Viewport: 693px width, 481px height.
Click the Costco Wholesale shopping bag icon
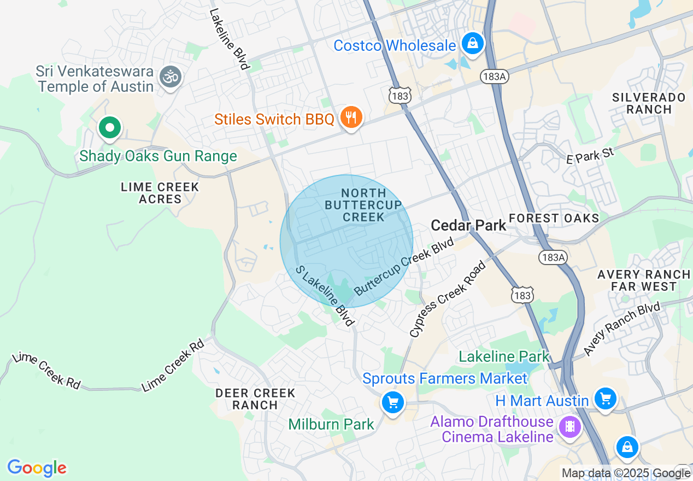pos(473,44)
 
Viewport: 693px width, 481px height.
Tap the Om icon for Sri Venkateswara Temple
pos(171,77)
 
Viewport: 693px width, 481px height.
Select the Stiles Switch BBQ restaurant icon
pos(351,117)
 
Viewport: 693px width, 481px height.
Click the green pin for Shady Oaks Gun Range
pos(110,128)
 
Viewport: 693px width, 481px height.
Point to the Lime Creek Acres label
pos(160,193)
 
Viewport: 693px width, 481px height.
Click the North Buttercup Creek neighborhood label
pos(363,205)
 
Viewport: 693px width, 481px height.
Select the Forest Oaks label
pos(554,218)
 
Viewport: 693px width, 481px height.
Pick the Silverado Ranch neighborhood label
pos(649,103)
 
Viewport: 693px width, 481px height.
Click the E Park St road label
pos(590,155)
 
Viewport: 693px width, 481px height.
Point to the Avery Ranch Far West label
pos(644,280)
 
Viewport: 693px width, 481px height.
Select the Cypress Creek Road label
pos(448,300)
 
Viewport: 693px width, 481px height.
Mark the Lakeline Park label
pos(504,357)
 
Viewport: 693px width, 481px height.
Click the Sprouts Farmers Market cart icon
pos(392,402)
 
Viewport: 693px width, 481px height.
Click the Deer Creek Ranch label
pos(255,399)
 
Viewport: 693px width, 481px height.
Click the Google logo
pos(37,468)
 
